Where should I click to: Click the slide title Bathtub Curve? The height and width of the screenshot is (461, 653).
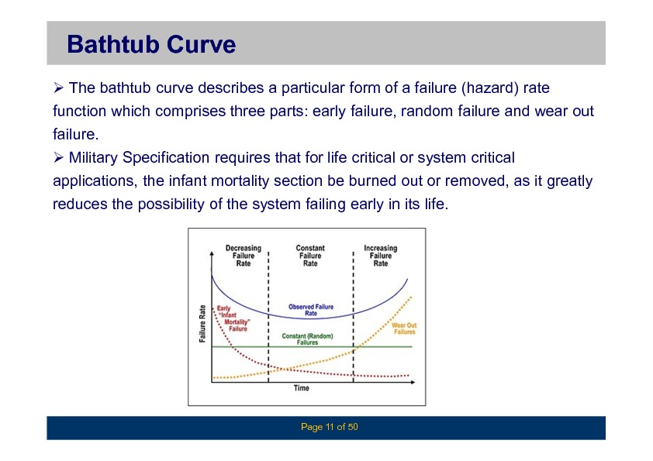[151, 44]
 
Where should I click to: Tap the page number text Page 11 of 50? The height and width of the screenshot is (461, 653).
[329, 427]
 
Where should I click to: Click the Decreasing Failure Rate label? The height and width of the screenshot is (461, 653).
[244, 256]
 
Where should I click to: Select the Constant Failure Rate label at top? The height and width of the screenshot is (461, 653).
[310, 256]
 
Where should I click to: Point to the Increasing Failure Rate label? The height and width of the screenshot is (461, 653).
[380, 256]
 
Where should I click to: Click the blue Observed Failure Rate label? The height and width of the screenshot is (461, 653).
[311, 310]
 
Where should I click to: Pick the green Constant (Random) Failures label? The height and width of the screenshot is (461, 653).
[307, 339]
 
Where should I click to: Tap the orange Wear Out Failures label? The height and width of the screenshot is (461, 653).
[404, 329]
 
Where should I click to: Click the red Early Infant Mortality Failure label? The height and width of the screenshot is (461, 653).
[233, 318]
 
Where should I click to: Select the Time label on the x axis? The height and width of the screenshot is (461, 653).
[301, 388]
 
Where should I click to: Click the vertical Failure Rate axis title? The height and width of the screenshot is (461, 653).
[202, 324]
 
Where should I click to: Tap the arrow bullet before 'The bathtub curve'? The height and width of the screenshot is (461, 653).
[58, 88]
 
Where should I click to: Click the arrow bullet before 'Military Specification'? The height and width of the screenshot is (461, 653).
[58, 157]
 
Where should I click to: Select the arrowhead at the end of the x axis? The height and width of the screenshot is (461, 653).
[413, 382]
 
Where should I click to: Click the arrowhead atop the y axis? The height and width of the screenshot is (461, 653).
[212, 254]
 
